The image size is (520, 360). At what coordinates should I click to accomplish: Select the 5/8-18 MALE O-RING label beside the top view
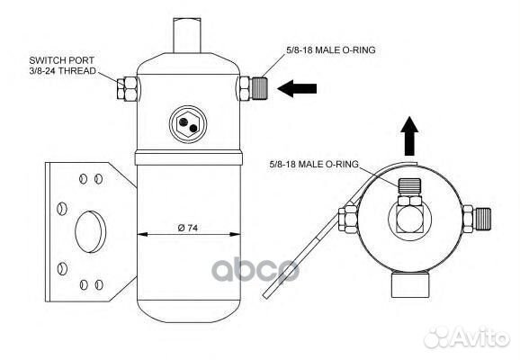click(x=313, y=163)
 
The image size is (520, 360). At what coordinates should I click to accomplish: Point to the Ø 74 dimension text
click(x=188, y=226)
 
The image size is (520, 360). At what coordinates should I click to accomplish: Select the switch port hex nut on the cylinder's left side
click(x=127, y=87)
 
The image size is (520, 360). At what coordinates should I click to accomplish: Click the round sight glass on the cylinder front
click(x=188, y=121)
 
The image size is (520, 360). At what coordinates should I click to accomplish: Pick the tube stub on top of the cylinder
click(x=188, y=28)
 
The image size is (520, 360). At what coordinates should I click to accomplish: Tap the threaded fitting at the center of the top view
click(x=409, y=194)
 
